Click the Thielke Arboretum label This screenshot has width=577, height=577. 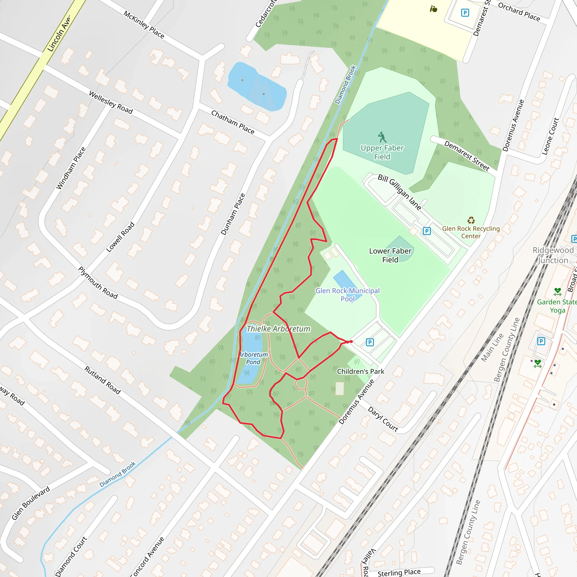(x=278, y=329)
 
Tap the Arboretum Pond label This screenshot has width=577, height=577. (x=253, y=358)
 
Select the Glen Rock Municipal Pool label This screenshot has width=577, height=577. (x=348, y=294)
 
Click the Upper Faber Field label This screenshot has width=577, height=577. (x=382, y=152)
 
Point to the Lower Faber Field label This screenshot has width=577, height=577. (x=390, y=255)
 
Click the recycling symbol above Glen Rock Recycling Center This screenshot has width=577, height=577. (x=471, y=220)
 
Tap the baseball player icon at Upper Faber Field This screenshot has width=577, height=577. (x=382, y=137)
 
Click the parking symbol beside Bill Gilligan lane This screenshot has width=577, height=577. (x=427, y=231)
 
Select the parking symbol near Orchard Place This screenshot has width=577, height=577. (x=465, y=13)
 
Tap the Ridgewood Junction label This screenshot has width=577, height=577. (x=553, y=255)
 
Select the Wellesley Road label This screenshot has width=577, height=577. (x=111, y=103)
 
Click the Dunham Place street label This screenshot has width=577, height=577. (x=233, y=214)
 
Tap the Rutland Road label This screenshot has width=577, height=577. (x=103, y=380)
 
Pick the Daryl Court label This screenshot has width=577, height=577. (x=383, y=419)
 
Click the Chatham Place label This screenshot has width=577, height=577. (x=233, y=122)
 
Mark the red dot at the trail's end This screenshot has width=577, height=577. (x=351, y=341)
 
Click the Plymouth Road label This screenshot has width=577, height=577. (x=98, y=283)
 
